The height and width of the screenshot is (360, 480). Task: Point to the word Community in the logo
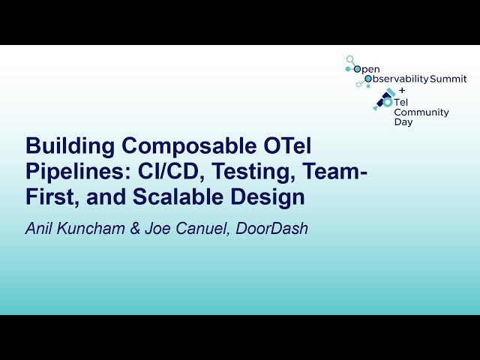click(421, 112)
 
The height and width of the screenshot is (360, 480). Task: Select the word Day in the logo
click(403, 122)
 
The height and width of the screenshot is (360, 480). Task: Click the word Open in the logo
click(367, 69)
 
